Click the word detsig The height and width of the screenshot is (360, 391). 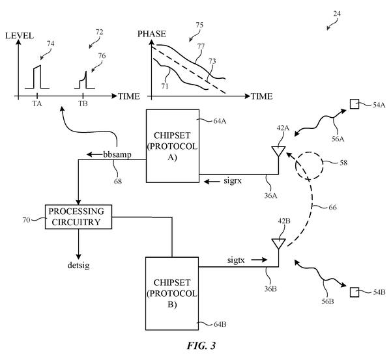78,266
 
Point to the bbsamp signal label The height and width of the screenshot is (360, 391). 117,155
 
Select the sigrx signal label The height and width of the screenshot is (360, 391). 233,181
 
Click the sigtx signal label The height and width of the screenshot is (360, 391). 236,260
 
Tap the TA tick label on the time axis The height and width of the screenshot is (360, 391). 37,104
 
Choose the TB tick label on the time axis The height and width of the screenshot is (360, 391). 83,104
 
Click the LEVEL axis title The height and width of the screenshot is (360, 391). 20,36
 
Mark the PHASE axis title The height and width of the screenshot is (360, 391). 152,34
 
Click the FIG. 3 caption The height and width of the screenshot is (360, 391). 201,346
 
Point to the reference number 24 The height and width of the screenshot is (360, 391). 337,14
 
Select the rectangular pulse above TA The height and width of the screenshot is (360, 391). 37,77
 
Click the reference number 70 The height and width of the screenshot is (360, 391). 26,220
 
